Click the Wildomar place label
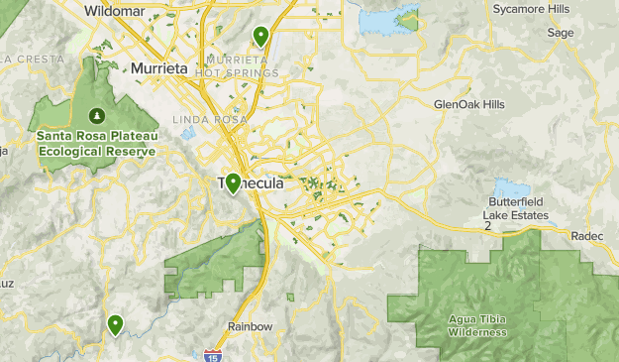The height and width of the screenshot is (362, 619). click(114, 11)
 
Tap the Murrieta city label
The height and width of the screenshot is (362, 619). click(158, 69)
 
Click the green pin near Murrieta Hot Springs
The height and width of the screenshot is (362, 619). click(260, 37)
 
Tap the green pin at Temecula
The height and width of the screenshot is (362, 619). click(232, 182)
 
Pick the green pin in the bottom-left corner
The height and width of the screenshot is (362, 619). click(116, 323)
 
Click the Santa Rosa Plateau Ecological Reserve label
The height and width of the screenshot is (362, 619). click(97, 145)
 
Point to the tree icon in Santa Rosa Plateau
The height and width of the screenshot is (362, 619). click(97, 114)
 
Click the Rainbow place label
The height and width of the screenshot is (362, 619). click(249, 326)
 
